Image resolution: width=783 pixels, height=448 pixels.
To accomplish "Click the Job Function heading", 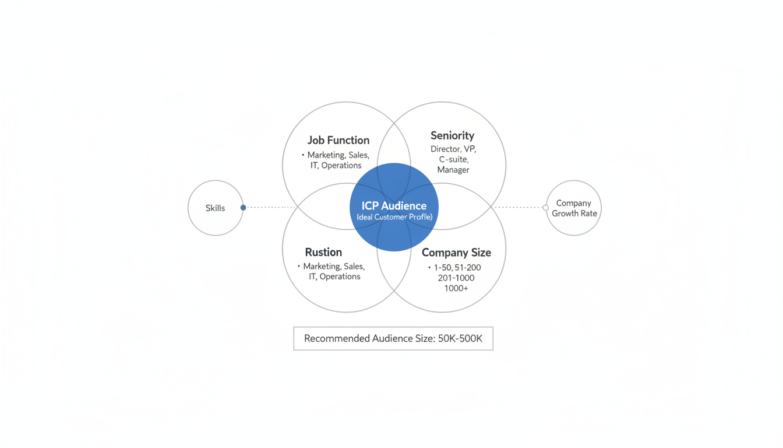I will pyautogui.click(x=338, y=140).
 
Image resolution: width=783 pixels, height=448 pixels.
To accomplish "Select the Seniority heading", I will pyautogui.click(x=452, y=135).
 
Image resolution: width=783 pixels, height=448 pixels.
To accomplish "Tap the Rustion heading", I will pyautogui.click(x=323, y=252).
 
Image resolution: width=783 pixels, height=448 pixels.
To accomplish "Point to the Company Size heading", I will pyautogui.click(x=456, y=253).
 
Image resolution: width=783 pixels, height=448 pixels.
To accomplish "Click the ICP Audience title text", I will pyautogui.click(x=394, y=205).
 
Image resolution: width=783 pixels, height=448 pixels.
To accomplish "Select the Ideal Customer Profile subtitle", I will pyautogui.click(x=394, y=217).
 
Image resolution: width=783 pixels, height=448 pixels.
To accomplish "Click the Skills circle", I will pyautogui.click(x=215, y=208).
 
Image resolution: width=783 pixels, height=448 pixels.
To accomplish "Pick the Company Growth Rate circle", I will pyautogui.click(x=574, y=208).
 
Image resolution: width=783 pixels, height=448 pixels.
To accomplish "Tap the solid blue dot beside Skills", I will pyautogui.click(x=244, y=207).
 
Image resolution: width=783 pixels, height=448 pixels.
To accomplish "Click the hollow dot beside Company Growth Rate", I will pyautogui.click(x=546, y=207).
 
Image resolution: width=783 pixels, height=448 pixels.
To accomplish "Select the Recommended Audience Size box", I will pyautogui.click(x=393, y=338).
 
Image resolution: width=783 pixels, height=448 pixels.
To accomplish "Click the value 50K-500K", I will pyautogui.click(x=460, y=338).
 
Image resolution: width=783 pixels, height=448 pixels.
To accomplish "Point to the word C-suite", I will pyautogui.click(x=454, y=159).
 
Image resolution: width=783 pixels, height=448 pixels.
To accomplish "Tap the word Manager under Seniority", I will pyautogui.click(x=453, y=170).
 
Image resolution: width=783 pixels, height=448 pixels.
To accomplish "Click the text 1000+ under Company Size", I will pyautogui.click(x=456, y=288).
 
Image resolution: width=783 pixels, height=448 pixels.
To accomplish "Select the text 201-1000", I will pyautogui.click(x=456, y=278).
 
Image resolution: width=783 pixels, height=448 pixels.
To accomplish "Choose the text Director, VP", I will pyautogui.click(x=453, y=149).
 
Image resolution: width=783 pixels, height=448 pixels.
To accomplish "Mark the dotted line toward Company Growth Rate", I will pyautogui.click(x=519, y=207).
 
